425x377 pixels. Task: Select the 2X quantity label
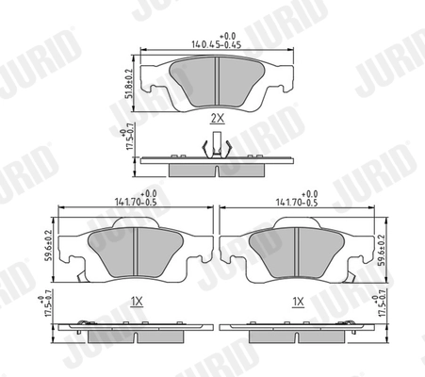tap(217, 119)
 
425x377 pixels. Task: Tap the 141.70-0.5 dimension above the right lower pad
tap(298, 200)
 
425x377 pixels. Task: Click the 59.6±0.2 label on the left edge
tap(48, 243)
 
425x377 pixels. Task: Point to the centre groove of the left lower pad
tap(137, 255)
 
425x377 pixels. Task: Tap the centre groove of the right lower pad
tap(298, 255)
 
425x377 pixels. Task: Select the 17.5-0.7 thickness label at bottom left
tap(48, 314)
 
